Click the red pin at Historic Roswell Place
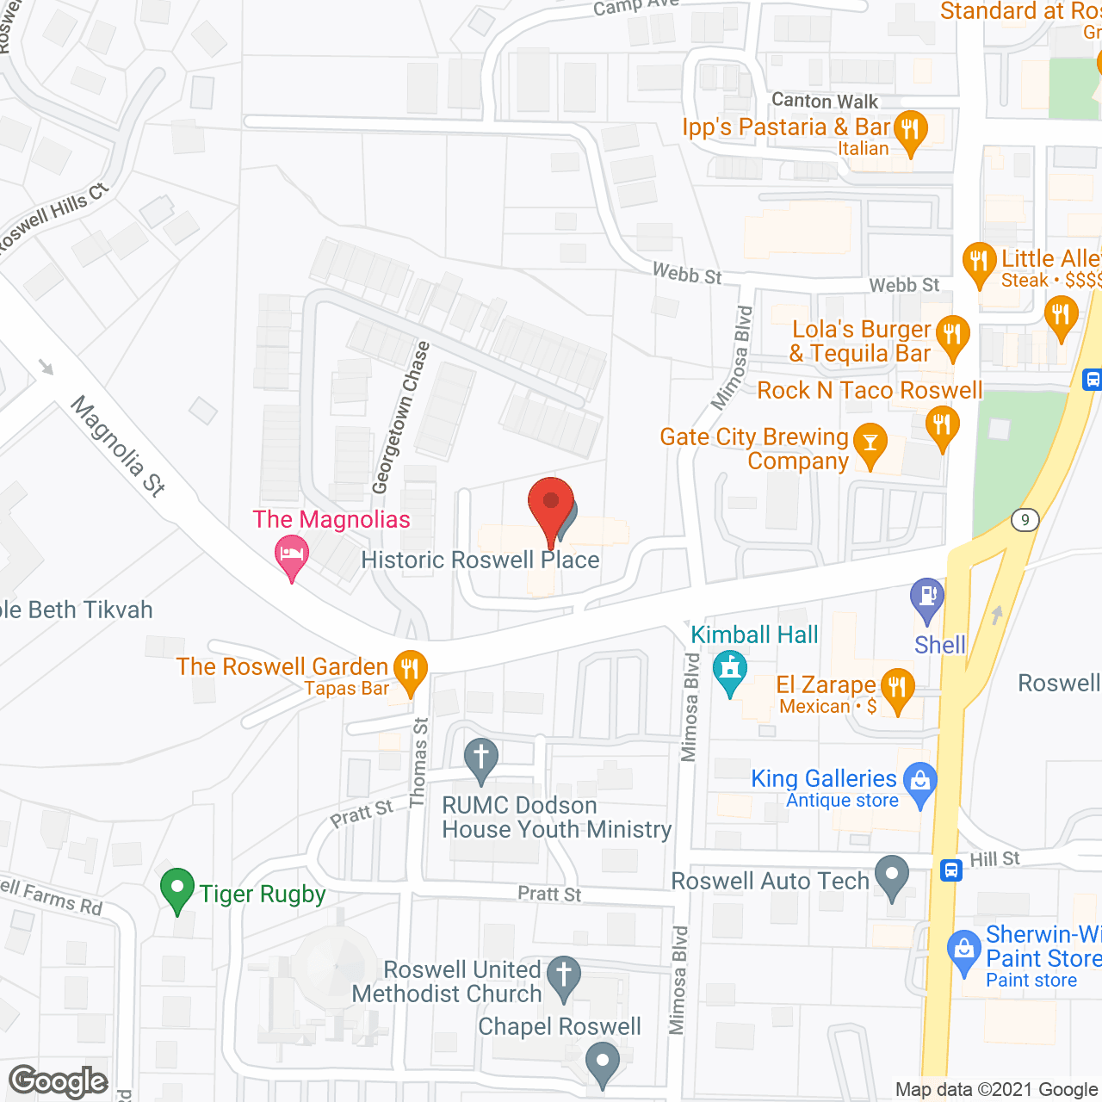[x=550, y=504]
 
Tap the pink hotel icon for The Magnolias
[x=292, y=553]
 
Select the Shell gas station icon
[x=927, y=596]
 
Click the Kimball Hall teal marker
[x=730, y=670]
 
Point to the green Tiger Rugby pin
[x=177, y=888]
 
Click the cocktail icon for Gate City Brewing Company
[x=870, y=443]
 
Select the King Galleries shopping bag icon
[x=920, y=782]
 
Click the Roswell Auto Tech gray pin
[x=892, y=875]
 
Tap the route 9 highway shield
[x=1025, y=519]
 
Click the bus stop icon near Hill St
[x=950, y=870]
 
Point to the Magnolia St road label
[x=118, y=445]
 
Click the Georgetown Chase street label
[x=400, y=418]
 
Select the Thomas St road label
[x=419, y=763]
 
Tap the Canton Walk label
[x=825, y=101]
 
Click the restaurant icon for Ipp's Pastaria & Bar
[x=910, y=130]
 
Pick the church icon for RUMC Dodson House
[x=481, y=758]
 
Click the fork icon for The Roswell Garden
[x=410, y=669]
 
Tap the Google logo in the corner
[x=59, y=1081]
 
